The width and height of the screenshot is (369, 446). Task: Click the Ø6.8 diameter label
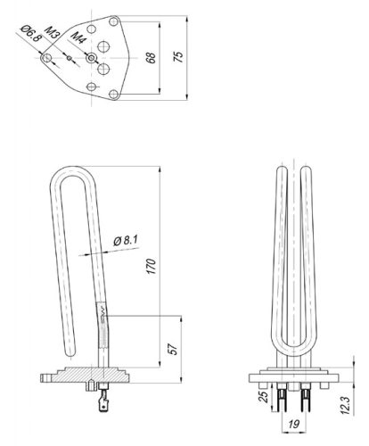click(29, 37)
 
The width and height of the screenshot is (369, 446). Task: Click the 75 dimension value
click(180, 55)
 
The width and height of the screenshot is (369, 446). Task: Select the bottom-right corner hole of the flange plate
click(114, 91)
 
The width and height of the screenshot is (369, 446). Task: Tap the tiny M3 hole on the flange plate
click(70, 57)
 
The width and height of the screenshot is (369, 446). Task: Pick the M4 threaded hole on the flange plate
click(92, 57)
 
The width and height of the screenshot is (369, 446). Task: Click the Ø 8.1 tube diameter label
click(128, 240)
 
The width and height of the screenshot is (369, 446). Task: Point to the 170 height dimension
click(152, 266)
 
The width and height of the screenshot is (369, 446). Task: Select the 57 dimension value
click(174, 348)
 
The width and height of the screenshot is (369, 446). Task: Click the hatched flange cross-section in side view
click(89, 376)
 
